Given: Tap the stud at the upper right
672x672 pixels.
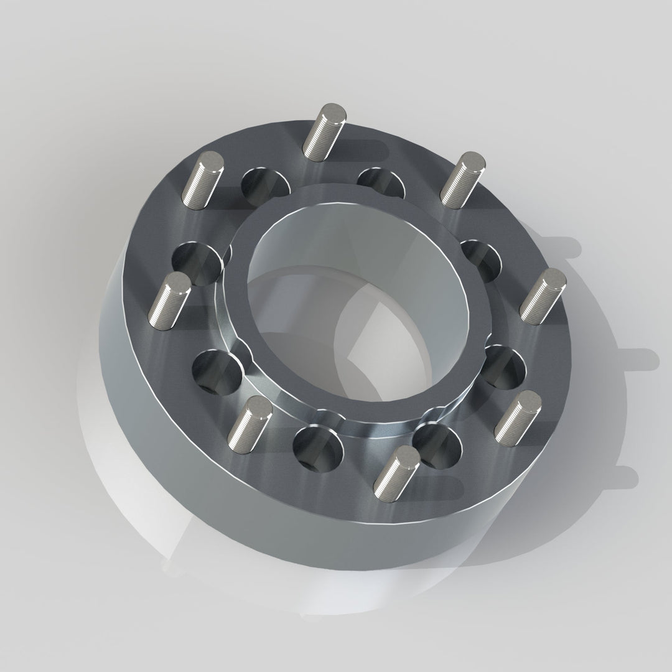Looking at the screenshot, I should [462, 178].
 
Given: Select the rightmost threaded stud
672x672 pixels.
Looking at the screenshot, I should [543, 296].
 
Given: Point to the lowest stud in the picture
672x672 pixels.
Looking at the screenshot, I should [399, 470].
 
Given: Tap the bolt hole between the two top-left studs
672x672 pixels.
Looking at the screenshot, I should [265, 185].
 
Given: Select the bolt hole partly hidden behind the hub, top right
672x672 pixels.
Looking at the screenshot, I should [381, 180].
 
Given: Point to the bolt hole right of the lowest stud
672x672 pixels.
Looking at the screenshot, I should [441, 444].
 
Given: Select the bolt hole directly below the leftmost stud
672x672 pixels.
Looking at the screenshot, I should [217, 371].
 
